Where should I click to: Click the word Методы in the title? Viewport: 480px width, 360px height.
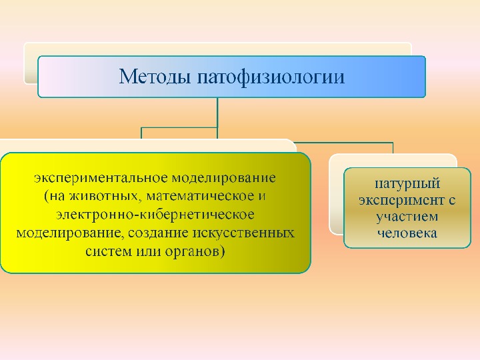155,77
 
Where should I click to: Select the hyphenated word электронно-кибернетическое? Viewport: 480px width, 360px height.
155,215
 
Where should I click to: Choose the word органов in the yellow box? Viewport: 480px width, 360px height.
199,252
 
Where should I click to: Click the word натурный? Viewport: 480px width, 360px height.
398,182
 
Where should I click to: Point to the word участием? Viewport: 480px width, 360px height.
398,217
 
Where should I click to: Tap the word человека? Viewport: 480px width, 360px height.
398,233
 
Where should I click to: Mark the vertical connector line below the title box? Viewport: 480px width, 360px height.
218,112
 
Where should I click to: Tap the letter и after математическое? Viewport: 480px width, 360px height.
262,197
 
